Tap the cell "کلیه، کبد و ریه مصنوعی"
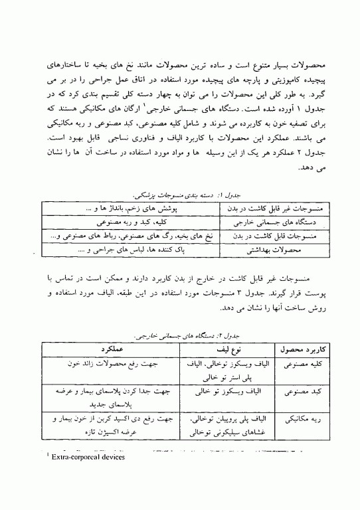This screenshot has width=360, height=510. coord(130,222)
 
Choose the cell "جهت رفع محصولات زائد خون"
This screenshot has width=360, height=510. coord(110,364)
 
